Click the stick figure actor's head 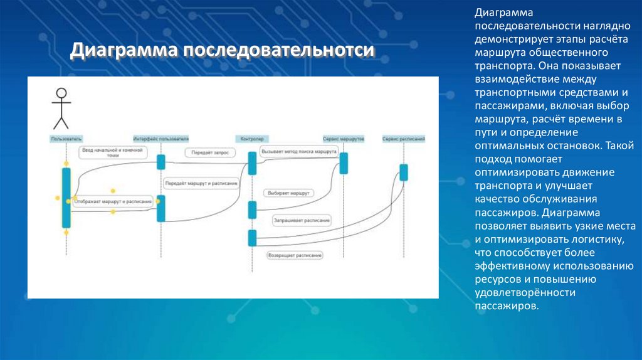click(x=61, y=93)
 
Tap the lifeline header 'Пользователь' click(x=66, y=138)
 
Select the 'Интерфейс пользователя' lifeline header click(x=161, y=138)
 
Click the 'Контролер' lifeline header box click(x=252, y=138)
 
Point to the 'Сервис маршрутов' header click(x=343, y=138)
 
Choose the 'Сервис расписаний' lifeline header click(x=404, y=138)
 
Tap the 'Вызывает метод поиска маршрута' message click(x=298, y=152)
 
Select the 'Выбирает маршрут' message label click(x=288, y=193)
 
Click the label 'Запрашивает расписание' click(x=302, y=220)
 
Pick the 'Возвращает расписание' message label click(x=295, y=255)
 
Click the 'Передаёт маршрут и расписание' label click(x=201, y=184)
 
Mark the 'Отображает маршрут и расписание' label click(x=113, y=201)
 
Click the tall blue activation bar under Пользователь click(x=66, y=198)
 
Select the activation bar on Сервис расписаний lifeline click(x=404, y=172)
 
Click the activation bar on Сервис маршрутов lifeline click(x=344, y=163)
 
